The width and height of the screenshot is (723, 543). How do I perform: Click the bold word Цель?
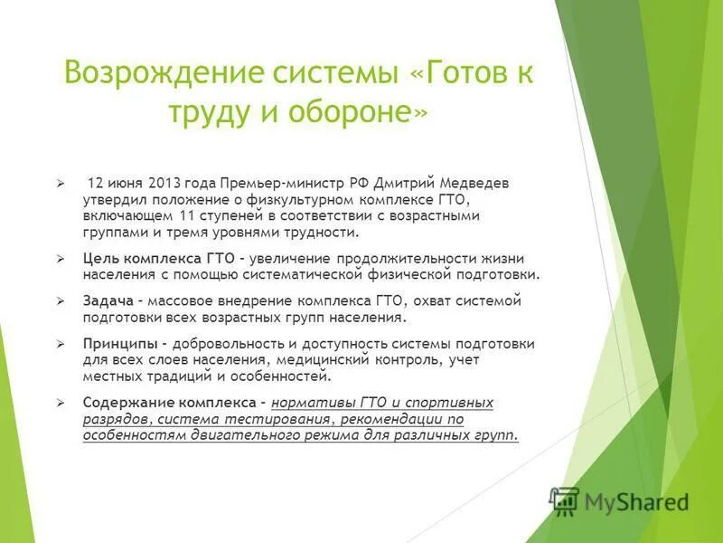click(100, 259)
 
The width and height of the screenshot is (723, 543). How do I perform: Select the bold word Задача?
click(108, 301)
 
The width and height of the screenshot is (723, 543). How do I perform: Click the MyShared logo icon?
click(565, 500)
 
